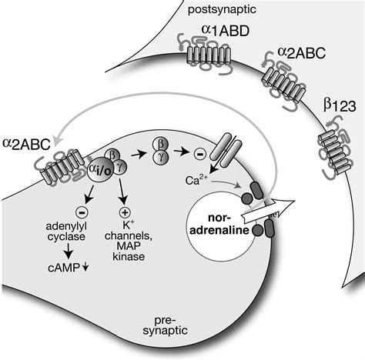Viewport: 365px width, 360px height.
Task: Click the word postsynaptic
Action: [x=222, y=10]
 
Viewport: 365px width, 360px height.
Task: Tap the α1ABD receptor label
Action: [x=226, y=31]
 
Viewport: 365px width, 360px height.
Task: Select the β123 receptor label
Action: [x=340, y=105]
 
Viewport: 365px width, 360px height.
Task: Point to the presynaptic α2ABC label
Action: [x=26, y=144]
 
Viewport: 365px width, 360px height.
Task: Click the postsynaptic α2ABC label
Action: [x=302, y=53]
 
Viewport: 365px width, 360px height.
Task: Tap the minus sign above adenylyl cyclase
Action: [x=82, y=212]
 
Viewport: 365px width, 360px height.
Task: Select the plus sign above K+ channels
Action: [x=125, y=212]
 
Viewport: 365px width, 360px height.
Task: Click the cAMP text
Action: [x=64, y=268]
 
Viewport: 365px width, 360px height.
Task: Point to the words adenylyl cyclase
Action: [x=66, y=232]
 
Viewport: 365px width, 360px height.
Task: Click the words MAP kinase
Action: [x=129, y=251]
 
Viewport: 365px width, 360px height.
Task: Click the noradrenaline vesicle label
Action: [x=219, y=224]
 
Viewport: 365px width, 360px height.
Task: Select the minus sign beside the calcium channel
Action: [x=200, y=154]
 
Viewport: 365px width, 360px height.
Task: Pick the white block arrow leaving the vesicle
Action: [x=268, y=208]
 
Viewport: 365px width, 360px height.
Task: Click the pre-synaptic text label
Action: [x=166, y=325]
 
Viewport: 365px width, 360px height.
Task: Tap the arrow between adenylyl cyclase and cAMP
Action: [x=69, y=252]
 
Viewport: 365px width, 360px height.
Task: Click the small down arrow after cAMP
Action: [x=85, y=268]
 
